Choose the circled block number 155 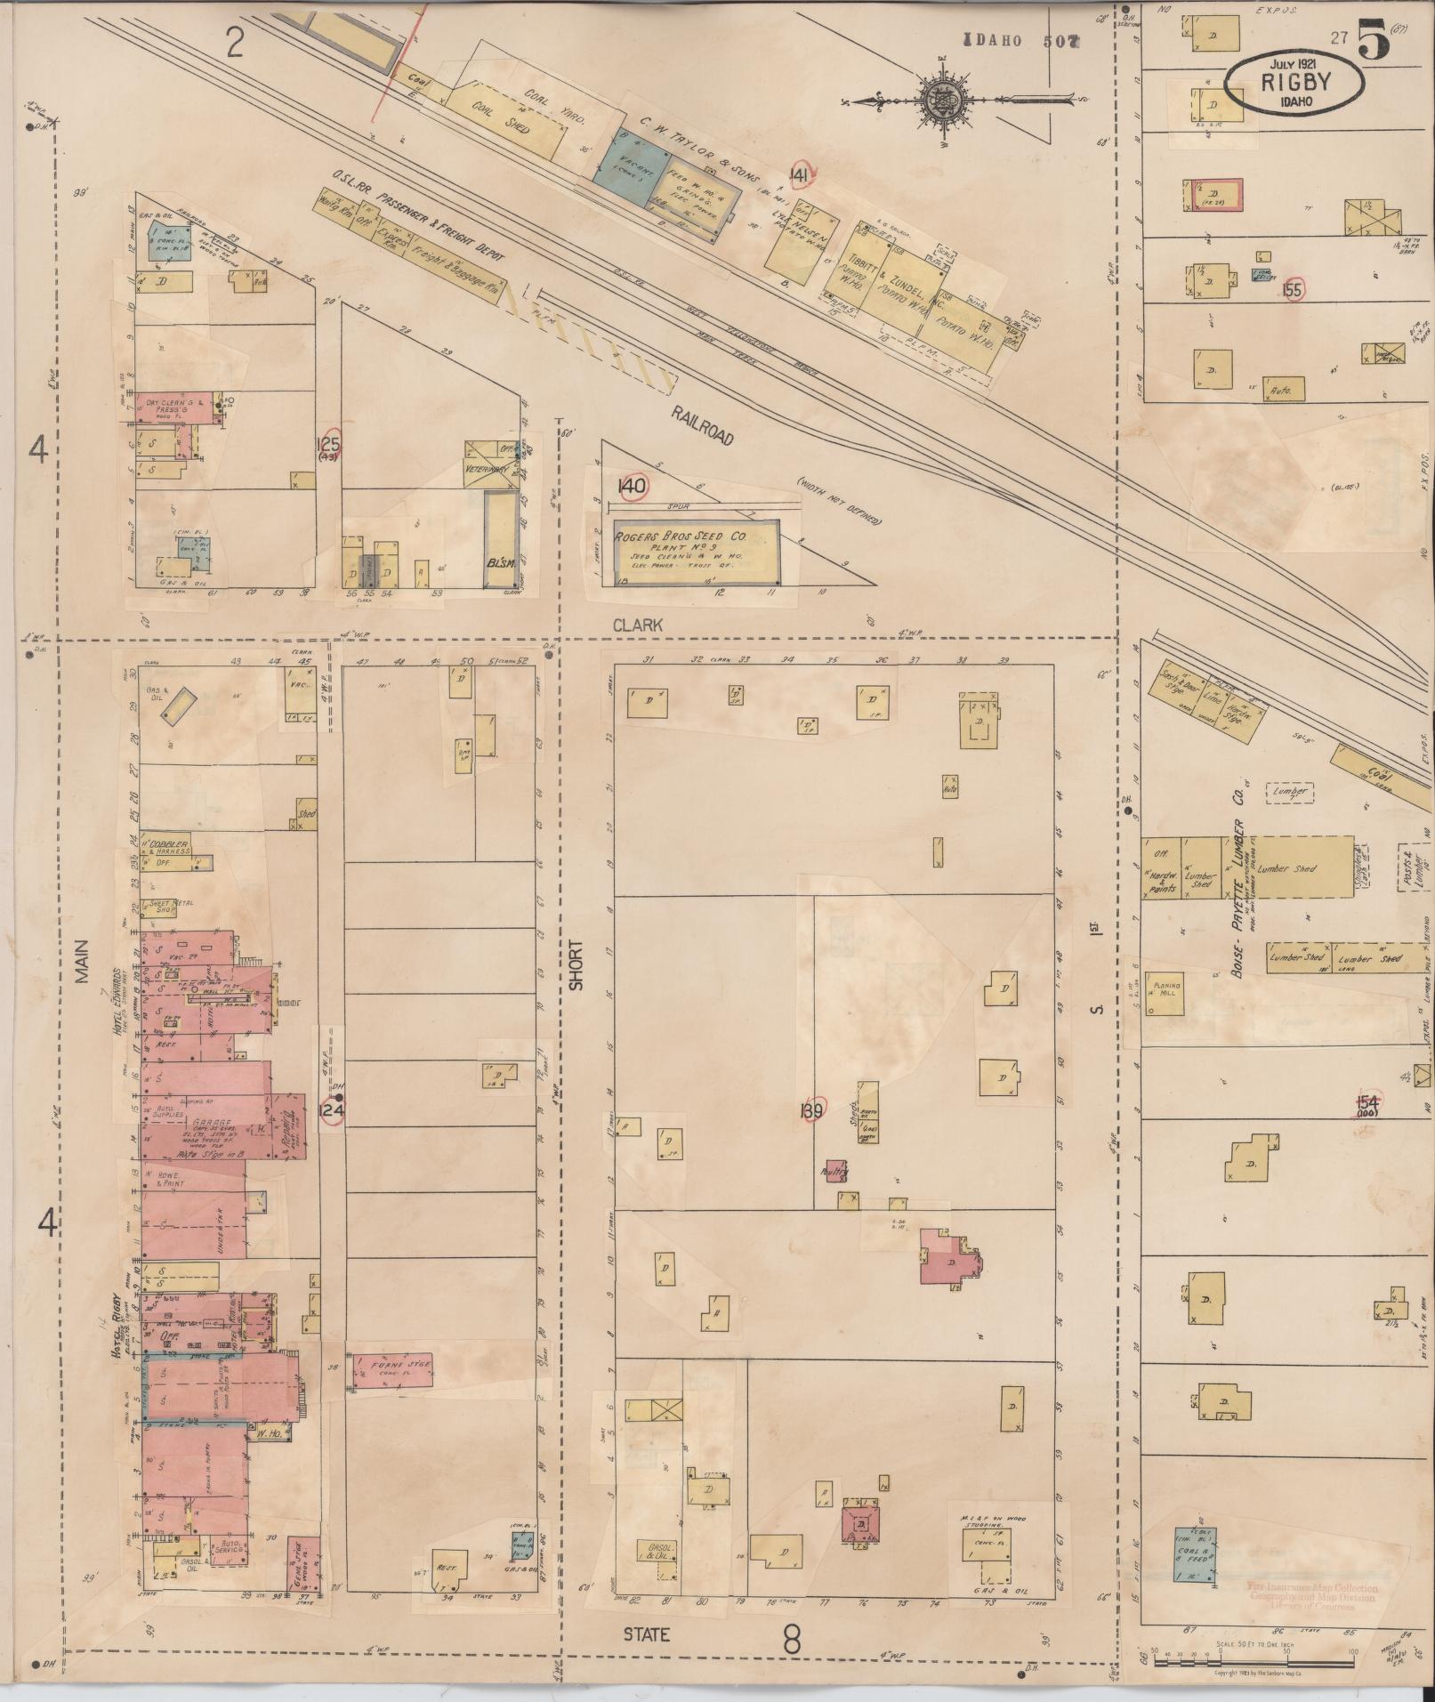pyautogui.click(x=1293, y=289)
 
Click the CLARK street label pyautogui.click(x=638, y=625)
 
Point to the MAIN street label pyautogui.click(x=83, y=961)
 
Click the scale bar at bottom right pyautogui.click(x=1252, y=1654)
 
